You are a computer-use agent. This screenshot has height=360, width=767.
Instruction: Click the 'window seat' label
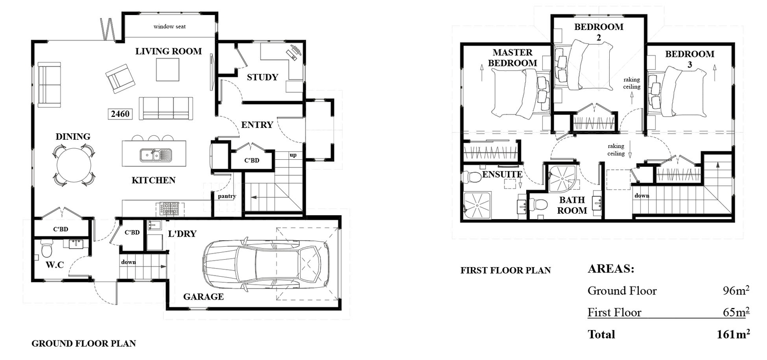click(169, 26)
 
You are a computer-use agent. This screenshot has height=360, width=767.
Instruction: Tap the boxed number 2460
click(120, 114)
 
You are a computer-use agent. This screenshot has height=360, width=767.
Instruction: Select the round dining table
click(74, 166)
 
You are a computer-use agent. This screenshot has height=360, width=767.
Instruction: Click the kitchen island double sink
click(156, 155)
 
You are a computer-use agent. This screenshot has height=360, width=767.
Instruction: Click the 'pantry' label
click(227, 196)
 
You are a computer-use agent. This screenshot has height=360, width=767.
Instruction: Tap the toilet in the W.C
click(46, 248)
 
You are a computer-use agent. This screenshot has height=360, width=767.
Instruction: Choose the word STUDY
click(263, 77)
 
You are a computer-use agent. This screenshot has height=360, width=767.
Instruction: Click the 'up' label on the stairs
click(293, 155)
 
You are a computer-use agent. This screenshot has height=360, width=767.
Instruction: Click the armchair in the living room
click(120, 78)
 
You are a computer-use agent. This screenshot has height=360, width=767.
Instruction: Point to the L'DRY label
click(182, 234)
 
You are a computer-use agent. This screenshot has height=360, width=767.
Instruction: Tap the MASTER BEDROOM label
click(513, 57)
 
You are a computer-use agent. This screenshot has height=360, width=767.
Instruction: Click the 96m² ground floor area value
click(736, 291)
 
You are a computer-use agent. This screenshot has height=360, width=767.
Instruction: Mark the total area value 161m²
click(733, 334)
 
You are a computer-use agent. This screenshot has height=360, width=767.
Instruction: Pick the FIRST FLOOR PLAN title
click(506, 270)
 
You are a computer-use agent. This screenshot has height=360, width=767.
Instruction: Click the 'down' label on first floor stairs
click(642, 196)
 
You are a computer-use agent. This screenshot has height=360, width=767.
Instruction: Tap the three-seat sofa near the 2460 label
click(166, 108)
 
